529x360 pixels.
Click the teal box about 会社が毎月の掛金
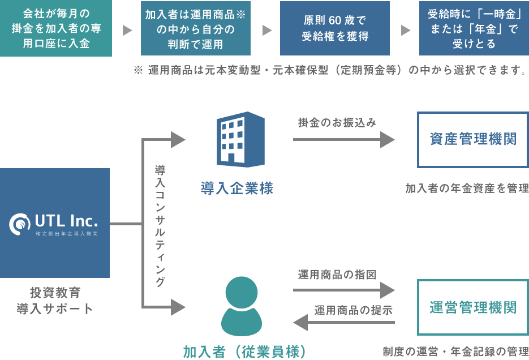click(56, 28)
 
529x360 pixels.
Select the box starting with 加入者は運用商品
click(195, 28)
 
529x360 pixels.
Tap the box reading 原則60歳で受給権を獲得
click(334, 28)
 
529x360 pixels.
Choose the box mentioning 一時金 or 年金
click(474, 28)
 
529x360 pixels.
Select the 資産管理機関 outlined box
click(473, 140)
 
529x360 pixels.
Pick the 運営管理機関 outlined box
click(473, 307)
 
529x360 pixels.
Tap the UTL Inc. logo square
click(55, 223)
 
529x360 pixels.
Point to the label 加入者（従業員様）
click(245, 352)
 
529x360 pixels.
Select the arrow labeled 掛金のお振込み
click(343, 139)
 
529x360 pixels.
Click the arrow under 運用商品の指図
click(343, 290)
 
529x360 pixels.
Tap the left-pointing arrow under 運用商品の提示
click(343, 323)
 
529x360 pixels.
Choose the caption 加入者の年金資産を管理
click(467, 188)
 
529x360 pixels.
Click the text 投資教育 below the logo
click(55, 293)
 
